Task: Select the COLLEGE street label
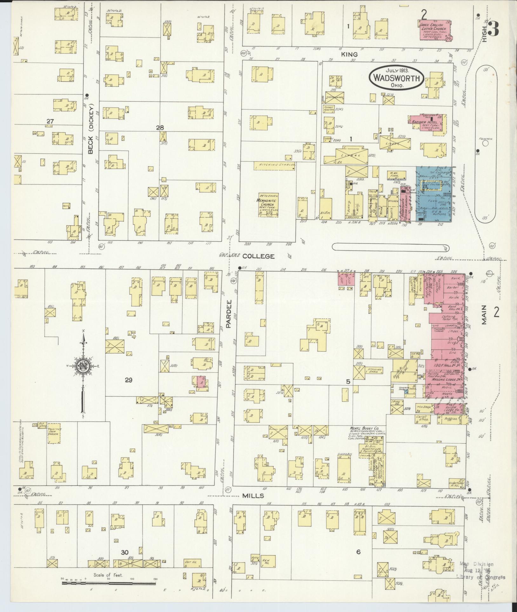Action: click(x=258, y=256)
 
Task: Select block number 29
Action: click(x=128, y=380)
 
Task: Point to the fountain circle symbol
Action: click(x=485, y=144)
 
